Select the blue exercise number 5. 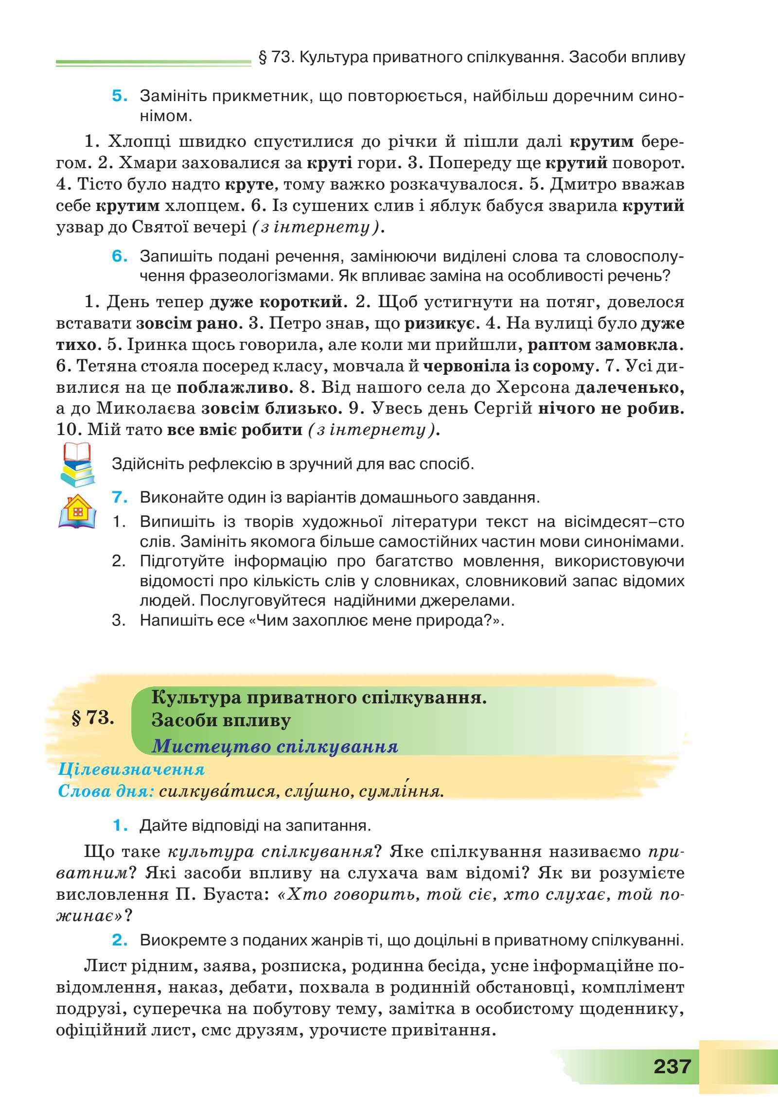(x=119, y=96)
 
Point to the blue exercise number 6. (x=119, y=256)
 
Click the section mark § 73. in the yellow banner (x=92, y=719)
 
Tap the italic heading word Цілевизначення (x=131, y=769)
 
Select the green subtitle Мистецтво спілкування (x=275, y=746)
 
